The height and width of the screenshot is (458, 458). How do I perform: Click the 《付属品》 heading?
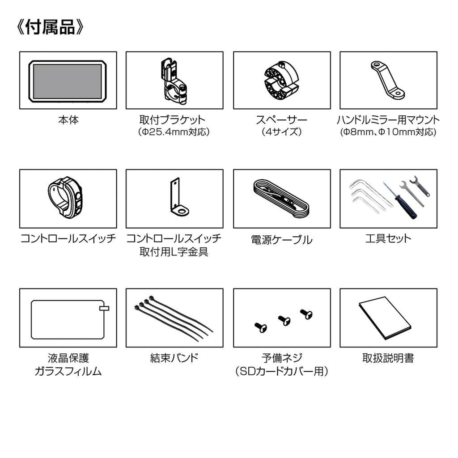(x=50, y=27)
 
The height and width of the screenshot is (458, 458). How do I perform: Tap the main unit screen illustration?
(x=68, y=81)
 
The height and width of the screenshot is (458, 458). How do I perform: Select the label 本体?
(x=68, y=120)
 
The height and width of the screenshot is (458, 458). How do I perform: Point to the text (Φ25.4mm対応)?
(x=174, y=132)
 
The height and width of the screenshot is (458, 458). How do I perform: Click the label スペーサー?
(x=282, y=120)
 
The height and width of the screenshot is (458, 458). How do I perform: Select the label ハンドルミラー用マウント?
(x=388, y=120)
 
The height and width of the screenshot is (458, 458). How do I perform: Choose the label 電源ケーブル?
(x=282, y=240)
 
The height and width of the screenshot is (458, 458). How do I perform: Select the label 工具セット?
(x=388, y=239)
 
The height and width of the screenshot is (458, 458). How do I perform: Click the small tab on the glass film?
(x=104, y=308)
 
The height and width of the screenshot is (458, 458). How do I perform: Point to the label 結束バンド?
(x=174, y=358)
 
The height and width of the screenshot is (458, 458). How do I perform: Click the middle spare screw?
(x=284, y=320)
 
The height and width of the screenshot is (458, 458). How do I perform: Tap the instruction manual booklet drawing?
(x=385, y=318)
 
